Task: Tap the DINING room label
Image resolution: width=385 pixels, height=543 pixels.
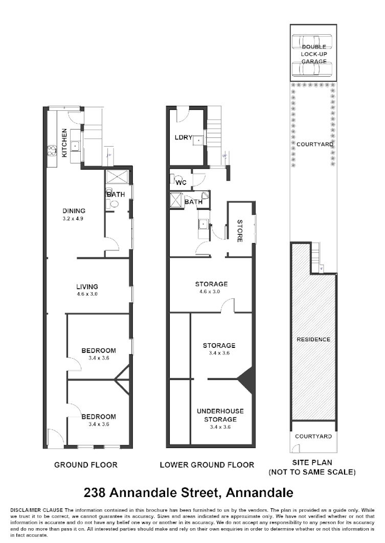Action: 74,210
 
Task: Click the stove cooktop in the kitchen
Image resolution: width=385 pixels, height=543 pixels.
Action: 52,150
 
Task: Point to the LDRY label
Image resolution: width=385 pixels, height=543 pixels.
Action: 183,137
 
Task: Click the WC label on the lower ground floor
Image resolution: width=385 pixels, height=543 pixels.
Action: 180,182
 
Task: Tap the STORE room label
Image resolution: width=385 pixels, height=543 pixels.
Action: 239,231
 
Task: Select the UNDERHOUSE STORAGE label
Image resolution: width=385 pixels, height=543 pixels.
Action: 220,415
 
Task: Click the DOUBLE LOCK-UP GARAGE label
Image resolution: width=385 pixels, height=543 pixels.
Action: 313,54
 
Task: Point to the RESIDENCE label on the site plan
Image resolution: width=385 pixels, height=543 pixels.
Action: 313,339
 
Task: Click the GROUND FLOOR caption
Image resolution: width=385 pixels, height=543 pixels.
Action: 86,465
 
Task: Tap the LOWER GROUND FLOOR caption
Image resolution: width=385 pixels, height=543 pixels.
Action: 207,465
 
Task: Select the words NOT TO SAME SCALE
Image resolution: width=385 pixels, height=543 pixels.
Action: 312,473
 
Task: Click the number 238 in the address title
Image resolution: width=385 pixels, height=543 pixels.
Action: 95,493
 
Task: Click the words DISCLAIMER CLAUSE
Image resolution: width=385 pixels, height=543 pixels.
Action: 35,510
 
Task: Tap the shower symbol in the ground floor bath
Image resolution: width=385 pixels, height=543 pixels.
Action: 118,177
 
